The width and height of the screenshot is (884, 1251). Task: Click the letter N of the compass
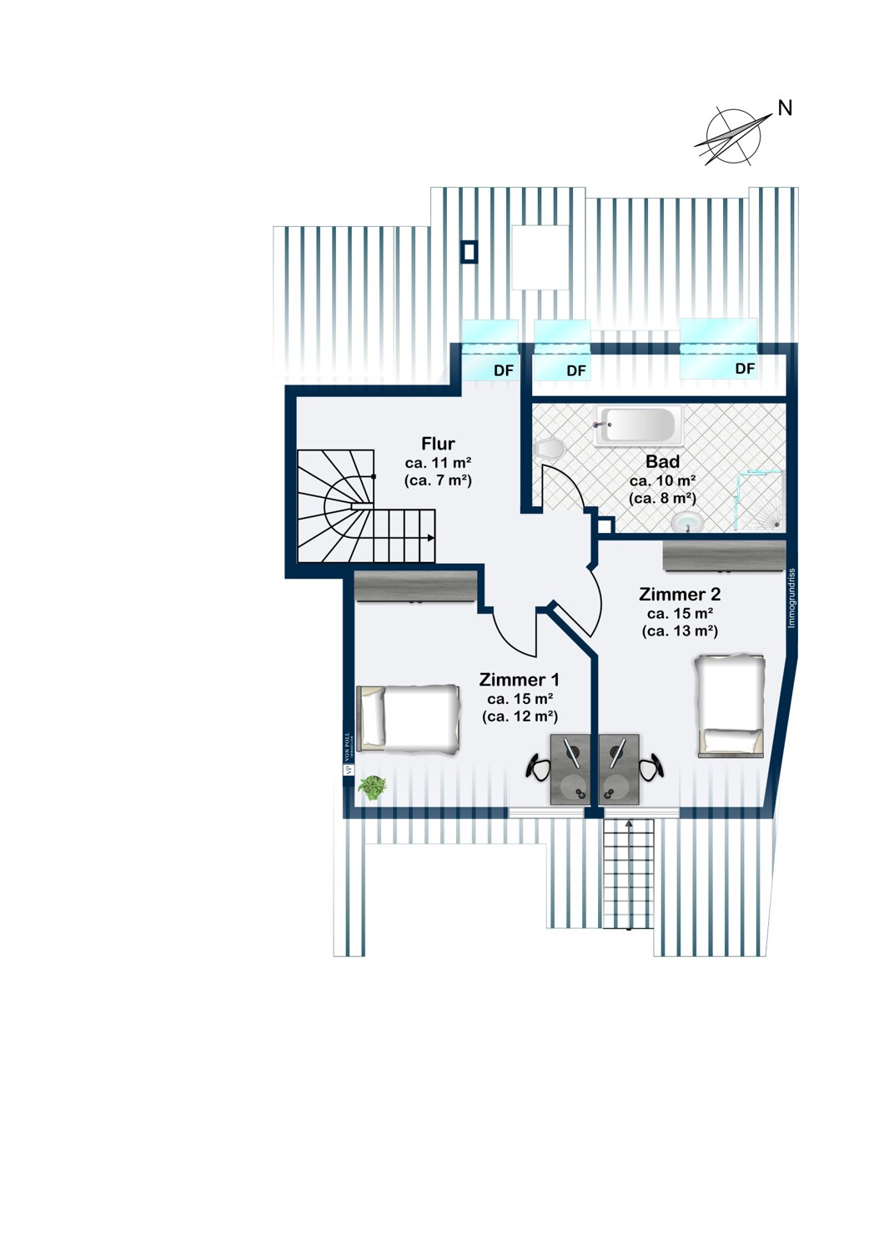coord(785,108)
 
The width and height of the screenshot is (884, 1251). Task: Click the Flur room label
coord(438,444)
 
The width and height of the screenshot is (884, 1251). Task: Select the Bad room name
coord(662,461)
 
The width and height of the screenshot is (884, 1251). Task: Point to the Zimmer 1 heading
coord(519,680)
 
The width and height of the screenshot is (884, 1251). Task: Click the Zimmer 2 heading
coord(679,595)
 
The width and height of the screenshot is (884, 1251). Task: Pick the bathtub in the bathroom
coord(638,425)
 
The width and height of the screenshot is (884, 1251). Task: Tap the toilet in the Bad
coord(548,449)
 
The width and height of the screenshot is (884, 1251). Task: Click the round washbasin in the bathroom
coord(687,522)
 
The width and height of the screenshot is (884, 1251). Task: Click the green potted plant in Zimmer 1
coord(372,786)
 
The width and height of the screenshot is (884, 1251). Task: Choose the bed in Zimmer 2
coord(731,706)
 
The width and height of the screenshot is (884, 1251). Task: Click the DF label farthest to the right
coord(745,369)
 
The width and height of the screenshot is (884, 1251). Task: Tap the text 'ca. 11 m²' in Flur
coord(438,463)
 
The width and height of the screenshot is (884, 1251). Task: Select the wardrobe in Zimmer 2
coord(724,556)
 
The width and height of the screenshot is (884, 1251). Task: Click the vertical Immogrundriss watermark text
coord(791,598)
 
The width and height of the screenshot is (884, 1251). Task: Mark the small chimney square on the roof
coord(470,252)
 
